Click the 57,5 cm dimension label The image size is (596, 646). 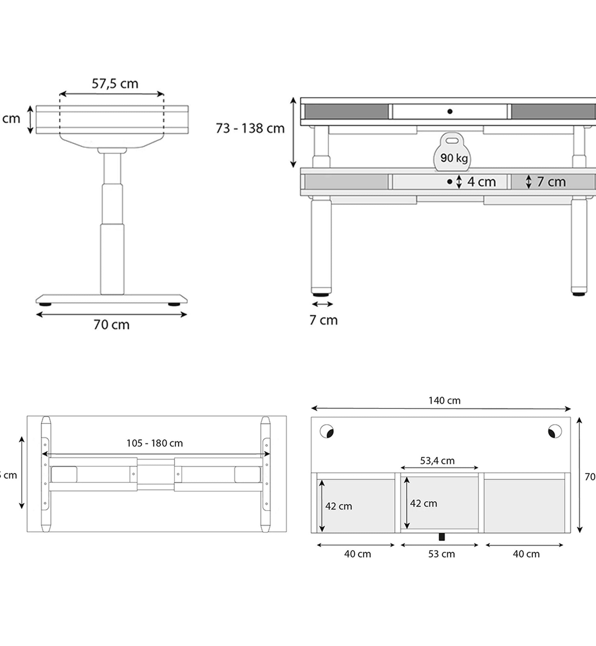115,84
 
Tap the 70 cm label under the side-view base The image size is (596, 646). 111,325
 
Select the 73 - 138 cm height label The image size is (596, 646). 250,129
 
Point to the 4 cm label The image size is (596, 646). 481,182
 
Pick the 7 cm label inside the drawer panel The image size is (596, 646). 551,182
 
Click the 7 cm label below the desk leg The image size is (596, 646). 323,320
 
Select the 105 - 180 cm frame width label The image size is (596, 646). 154,443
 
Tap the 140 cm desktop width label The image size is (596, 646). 444,401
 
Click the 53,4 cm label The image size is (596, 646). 437,461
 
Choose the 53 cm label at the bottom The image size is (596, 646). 441,554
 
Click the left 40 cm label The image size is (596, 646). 357,554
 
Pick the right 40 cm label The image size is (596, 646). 526,554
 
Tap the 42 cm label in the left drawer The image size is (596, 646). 338,506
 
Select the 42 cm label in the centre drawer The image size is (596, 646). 423,503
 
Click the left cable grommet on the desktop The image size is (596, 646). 327,431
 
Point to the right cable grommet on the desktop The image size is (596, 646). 555,431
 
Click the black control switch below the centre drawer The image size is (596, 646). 442,537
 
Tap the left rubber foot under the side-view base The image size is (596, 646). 45,304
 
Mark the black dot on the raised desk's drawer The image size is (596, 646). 450,111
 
